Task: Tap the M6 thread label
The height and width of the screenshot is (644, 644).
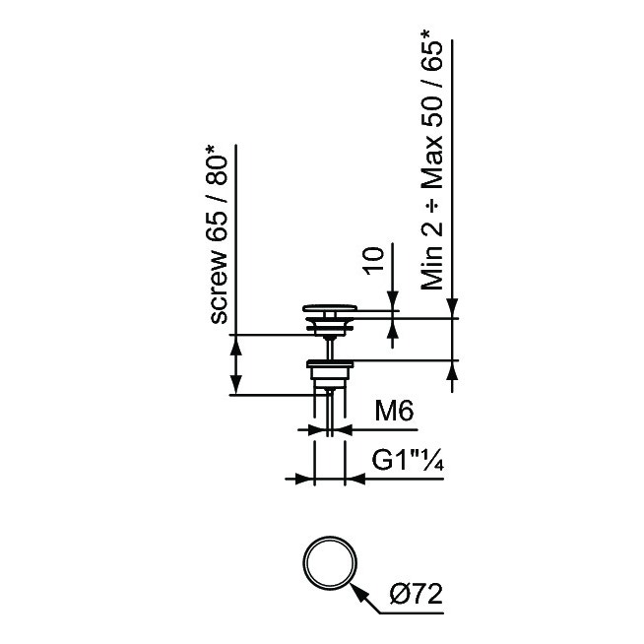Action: (x=394, y=411)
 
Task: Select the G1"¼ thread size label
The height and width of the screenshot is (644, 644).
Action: (x=408, y=461)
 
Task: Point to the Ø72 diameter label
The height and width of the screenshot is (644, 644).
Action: (x=417, y=594)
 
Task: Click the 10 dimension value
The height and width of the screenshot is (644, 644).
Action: (x=374, y=260)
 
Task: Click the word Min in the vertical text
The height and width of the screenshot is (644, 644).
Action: (x=432, y=268)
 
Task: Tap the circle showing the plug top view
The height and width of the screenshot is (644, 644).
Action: (x=330, y=562)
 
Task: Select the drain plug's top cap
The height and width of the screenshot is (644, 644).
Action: (x=330, y=308)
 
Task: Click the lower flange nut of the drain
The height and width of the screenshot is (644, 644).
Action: (x=330, y=363)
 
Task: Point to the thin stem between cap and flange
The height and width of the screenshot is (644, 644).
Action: (x=330, y=348)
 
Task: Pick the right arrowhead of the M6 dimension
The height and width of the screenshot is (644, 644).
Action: (x=344, y=430)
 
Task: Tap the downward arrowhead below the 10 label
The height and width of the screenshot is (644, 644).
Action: (x=393, y=300)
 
